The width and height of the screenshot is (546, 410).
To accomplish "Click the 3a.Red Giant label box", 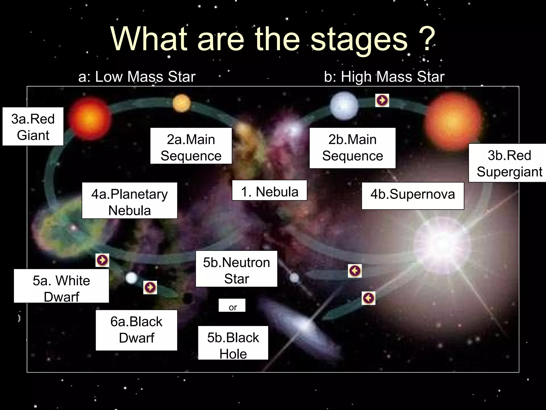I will (x=33, y=127).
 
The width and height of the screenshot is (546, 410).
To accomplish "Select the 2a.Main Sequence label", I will (x=191, y=146).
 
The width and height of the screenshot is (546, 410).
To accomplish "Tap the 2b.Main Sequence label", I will (x=352, y=148).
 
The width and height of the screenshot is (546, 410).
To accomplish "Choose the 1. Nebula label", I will (x=269, y=190).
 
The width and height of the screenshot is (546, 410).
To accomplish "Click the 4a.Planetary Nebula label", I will (x=130, y=201).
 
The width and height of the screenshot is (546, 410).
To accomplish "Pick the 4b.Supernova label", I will (x=413, y=196).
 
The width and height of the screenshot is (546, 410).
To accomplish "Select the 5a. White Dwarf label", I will (x=61, y=286).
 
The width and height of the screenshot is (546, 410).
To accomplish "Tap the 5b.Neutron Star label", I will (x=236, y=269).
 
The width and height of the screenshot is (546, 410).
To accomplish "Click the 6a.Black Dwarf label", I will (x=136, y=330).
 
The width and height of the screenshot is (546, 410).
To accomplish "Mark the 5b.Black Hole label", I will (x=233, y=343).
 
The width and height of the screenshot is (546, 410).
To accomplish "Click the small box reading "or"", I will (x=232, y=305).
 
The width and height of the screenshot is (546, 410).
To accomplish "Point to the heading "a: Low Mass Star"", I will (x=137, y=77).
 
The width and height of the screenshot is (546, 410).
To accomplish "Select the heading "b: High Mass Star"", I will (x=384, y=77).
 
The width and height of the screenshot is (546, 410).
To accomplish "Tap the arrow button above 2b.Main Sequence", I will (x=382, y=100).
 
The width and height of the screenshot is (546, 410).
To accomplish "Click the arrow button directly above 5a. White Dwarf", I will (x=102, y=260).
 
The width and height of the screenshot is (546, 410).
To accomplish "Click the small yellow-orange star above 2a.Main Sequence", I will (x=182, y=103).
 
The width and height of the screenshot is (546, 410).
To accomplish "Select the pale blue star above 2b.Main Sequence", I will (x=344, y=105).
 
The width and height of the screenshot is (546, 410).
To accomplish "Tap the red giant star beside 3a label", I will (x=89, y=119).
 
